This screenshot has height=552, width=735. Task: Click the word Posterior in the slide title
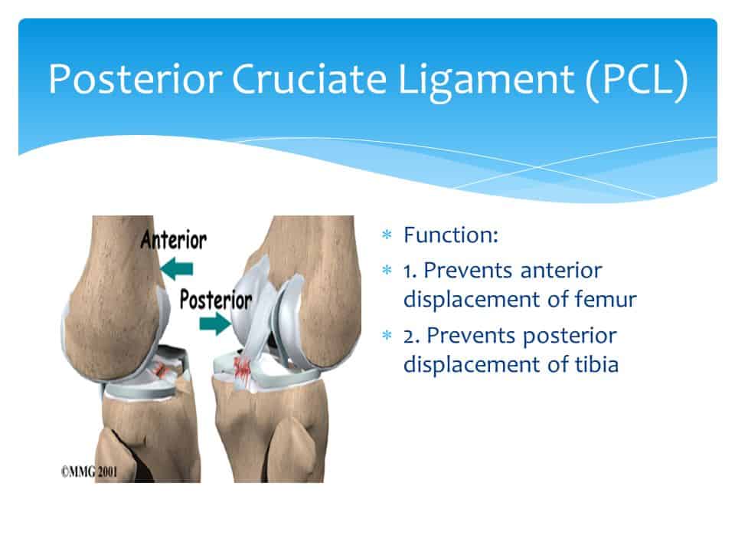click(135, 78)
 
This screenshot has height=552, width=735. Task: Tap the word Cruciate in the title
click(309, 78)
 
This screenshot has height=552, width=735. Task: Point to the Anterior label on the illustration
click(174, 240)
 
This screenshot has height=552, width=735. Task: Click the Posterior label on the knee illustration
click(216, 300)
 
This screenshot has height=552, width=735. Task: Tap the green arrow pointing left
click(176, 268)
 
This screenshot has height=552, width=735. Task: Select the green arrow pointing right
click(215, 324)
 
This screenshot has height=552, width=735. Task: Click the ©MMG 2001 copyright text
click(89, 472)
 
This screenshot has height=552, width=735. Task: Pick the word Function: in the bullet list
click(451, 235)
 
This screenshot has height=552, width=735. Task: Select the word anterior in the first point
click(561, 271)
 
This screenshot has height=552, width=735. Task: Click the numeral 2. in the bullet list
click(412, 336)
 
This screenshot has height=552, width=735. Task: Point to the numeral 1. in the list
click(410, 271)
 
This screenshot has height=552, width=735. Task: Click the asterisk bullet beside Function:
click(387, 235)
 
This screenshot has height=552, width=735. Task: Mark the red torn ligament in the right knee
click(243, 367)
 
